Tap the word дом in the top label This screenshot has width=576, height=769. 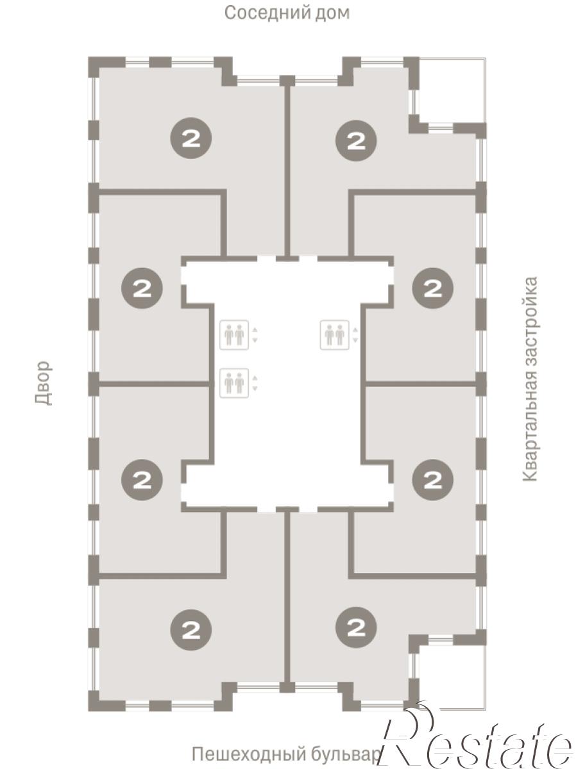332,13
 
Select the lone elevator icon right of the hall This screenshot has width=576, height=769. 334,335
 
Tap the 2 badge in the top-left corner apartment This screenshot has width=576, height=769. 191,138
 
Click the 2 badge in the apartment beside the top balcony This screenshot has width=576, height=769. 356,141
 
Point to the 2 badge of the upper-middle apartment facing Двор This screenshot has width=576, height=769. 142,288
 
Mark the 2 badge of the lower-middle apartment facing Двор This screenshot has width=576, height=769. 142,479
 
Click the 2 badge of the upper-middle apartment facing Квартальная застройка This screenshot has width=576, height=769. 433,288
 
